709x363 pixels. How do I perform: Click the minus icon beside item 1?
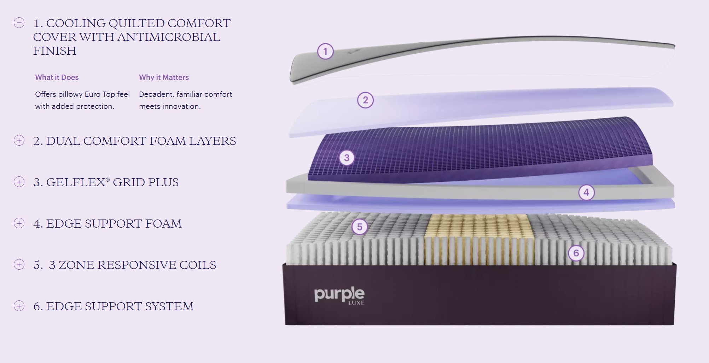(19, 23)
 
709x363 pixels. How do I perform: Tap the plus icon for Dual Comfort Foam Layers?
(19, 141)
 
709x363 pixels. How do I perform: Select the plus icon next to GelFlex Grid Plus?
(19, 182)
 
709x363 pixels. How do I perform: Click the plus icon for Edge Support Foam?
(19, 223)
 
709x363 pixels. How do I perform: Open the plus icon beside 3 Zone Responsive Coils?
(19, 265)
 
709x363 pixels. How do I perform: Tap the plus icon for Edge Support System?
(19, 306)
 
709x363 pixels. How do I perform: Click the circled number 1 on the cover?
(325, 52)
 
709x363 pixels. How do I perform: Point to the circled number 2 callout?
(365, 100)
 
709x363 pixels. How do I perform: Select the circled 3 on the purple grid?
(347, 158)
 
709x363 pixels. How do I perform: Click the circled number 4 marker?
(586, 193)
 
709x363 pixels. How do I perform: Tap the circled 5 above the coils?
(360, 227)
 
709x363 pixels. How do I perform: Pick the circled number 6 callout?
(576, 253)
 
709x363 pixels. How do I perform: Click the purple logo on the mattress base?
(339, 294)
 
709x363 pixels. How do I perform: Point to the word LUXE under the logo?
(356, 303)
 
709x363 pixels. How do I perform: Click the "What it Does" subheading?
(57, 77)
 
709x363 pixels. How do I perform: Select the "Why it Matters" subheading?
(164, 77)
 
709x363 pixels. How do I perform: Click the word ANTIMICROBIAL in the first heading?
(168, 37)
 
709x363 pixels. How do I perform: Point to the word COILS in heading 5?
(198, 265)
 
